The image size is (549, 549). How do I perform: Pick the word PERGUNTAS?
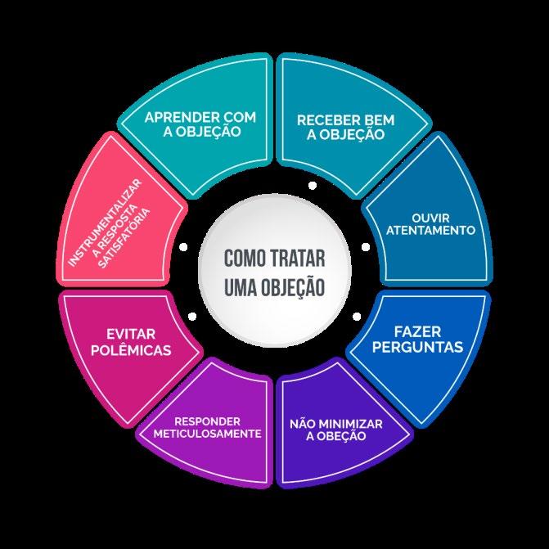[417, 347]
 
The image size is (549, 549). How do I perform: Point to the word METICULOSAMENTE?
[208, 433]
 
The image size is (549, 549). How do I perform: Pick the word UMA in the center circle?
[239, 287]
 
